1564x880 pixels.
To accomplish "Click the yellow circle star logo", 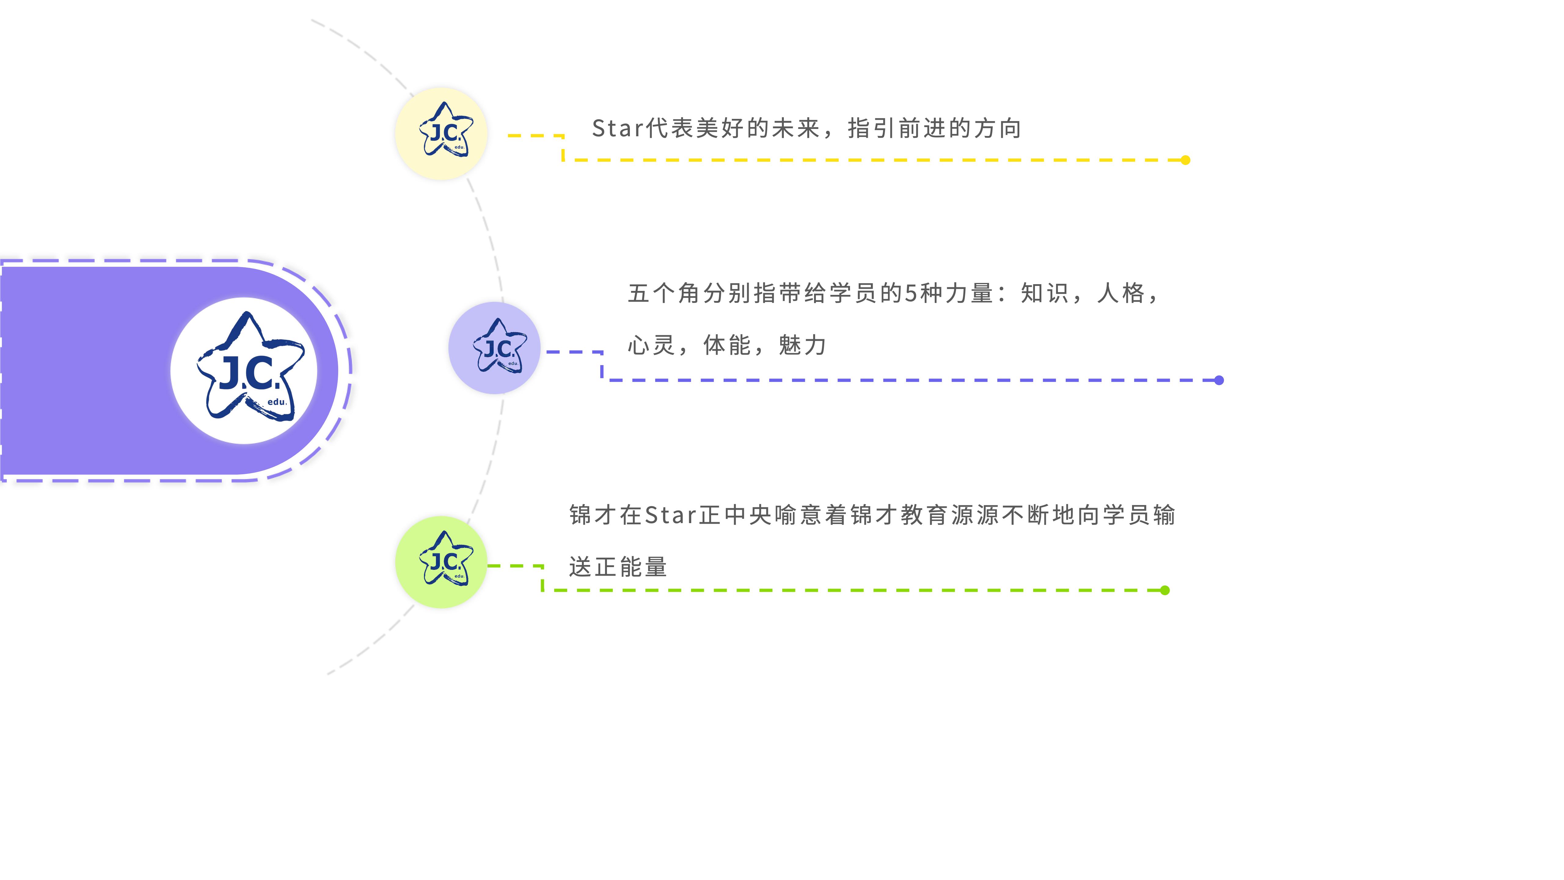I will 441,134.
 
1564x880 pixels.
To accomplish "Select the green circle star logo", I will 441,562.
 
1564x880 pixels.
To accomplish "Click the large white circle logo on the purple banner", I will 244,370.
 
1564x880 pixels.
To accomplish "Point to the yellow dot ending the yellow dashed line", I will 1185,160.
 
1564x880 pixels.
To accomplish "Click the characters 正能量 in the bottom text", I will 631,567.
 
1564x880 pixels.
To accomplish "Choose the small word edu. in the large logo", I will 277,402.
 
